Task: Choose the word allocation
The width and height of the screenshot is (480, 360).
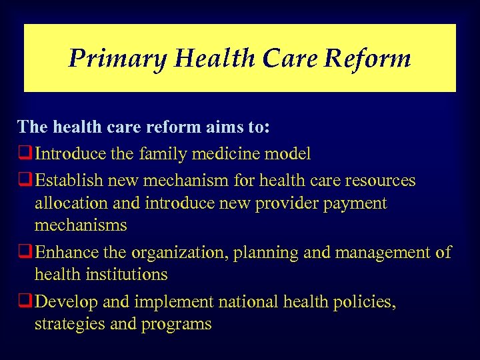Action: click(x=68, y=203)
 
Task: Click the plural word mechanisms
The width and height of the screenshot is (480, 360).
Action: click(x=81, y=225)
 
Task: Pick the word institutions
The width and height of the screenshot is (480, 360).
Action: click(x=128, y=275)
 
